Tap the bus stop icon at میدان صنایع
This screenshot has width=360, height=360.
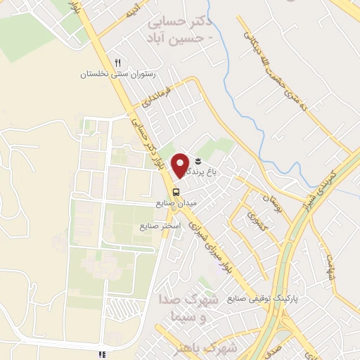click(175, 191)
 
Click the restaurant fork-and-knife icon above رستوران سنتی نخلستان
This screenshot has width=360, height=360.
click(118, 63)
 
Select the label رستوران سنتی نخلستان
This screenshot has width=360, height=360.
click(120, 73)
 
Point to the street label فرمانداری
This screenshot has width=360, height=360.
click(156, 95)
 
